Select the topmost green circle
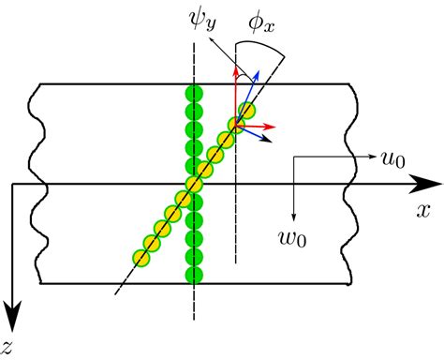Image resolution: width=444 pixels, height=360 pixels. point(194,93)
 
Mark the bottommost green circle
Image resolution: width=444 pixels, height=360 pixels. point(194,275)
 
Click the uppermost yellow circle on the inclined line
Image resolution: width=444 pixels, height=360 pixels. point(245,111)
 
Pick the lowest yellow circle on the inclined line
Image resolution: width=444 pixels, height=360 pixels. point(141,257)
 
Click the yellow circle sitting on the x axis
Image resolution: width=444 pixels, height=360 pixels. point(194,185)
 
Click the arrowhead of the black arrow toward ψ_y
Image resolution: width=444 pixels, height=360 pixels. point(215,43)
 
